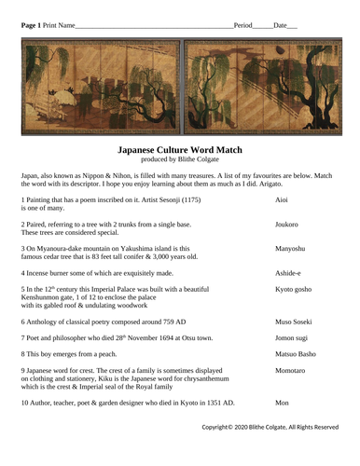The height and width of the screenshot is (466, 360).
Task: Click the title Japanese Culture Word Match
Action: [x=179, y=149]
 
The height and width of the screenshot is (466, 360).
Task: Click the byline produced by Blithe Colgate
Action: [x=179, y=159]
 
